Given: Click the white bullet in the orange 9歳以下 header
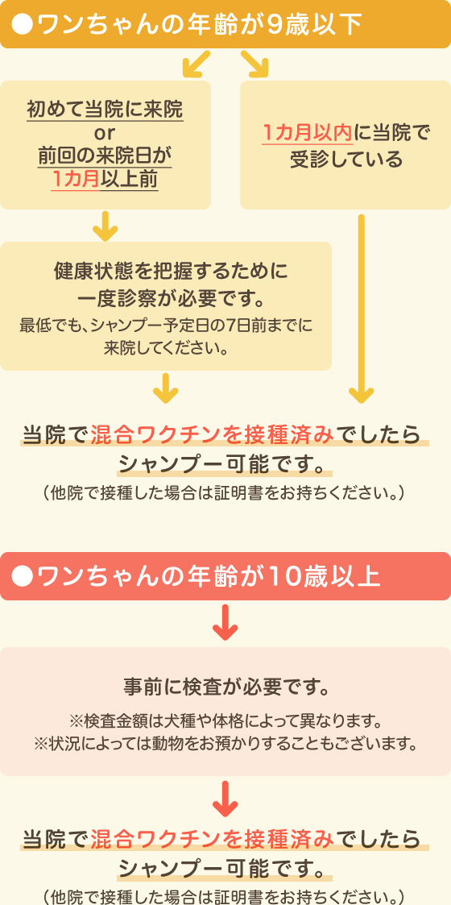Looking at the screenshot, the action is [x=24, y=23].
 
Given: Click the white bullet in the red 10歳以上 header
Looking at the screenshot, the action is [x=24, y=576].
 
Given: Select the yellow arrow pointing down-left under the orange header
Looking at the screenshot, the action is [x=196, y=64].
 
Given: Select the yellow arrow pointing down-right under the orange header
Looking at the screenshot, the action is [x=255, y=64].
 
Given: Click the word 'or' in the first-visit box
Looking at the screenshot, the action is [x=105, y=133].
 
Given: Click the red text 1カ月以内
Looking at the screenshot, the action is [x=307, y=134].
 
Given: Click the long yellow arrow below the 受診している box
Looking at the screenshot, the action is [x=362, y=309].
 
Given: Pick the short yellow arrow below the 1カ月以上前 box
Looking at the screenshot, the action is [x=105, y=226].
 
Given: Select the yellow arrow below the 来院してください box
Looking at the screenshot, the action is [x=166, y=388].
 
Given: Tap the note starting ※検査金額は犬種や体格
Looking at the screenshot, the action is [x=225, y=721].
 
